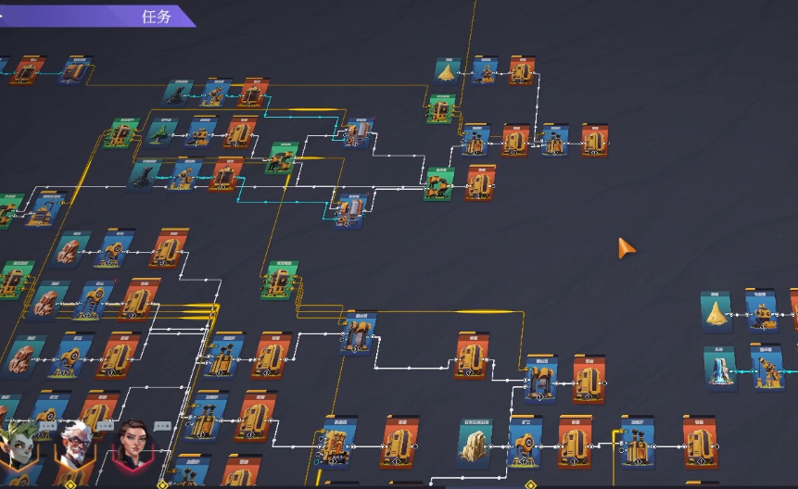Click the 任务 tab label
pyautogui.click(x=157, y=17)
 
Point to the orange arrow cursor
pyautogui.click(x=627, y=247)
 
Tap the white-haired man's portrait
pyautogui.click(x=74, y=446)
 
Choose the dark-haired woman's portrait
pyautogui.click(x=131, y=447)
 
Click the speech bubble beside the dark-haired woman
pyautogui.click(x=163, y=426)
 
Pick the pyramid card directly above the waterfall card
pyautogui.click(x=716, y=312)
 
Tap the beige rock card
pyautogui.click(x=475, y=441)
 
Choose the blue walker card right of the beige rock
pyautogui.click(x=526, y=443)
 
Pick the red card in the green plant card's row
pyautogui.click(x=240, y=133)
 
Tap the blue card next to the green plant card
pyautogui.click(x=201, y=133)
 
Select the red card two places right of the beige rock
pyautogui.click(x=575, y=442)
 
